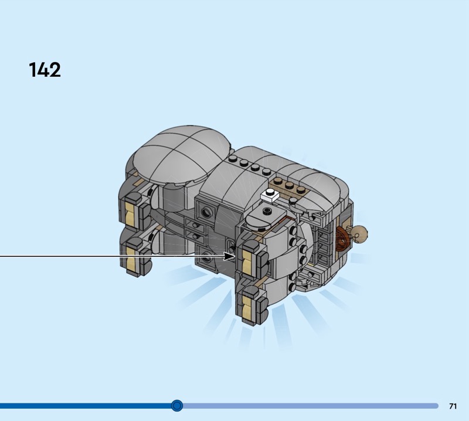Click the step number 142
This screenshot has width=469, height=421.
click(x=45, y=70)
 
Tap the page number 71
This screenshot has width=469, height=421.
click(x=453, y=406)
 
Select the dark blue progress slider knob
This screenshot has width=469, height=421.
click(x=177, y=405)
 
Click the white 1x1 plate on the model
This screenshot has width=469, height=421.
click(x=270, y=195)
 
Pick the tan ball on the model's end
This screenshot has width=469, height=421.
click(x=359, y=233)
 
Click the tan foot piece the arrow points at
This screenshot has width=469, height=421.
click(x=247, y=263)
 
